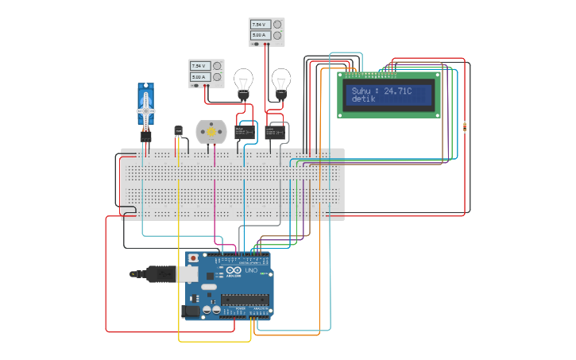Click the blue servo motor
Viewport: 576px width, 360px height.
coord(145,107)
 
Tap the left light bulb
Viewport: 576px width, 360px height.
coord(243,81)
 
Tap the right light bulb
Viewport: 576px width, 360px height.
coord(280,81)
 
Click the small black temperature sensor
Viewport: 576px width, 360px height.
coord(178,130)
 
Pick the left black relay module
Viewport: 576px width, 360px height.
coord(245,130)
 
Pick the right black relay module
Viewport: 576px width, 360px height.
coord(276,131)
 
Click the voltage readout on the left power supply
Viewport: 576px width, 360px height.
coord(198,66)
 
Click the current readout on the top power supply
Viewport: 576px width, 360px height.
coord(259,36)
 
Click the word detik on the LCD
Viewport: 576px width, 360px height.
coord(364,100)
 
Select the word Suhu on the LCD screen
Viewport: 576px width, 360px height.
coord(361,91)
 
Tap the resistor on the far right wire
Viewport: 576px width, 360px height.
coord(464,126)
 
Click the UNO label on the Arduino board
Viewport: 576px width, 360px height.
coord(250,271)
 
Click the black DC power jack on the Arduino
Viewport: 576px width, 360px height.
coord(191,312)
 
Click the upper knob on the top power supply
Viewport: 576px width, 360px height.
coord(277,25)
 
